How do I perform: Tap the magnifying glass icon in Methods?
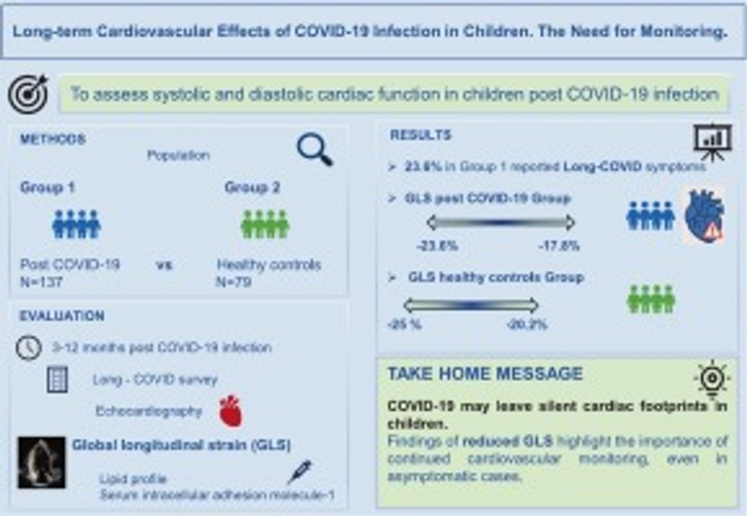[314, 150]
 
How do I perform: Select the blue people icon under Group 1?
[76, 224]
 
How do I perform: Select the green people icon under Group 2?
[264, 224]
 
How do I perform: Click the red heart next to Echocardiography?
[230, 410]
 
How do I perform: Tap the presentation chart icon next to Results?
[712, 142]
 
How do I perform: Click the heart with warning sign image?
[701, 216]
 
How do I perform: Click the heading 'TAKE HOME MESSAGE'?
[485, 374]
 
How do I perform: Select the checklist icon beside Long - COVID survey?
[56, 380]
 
